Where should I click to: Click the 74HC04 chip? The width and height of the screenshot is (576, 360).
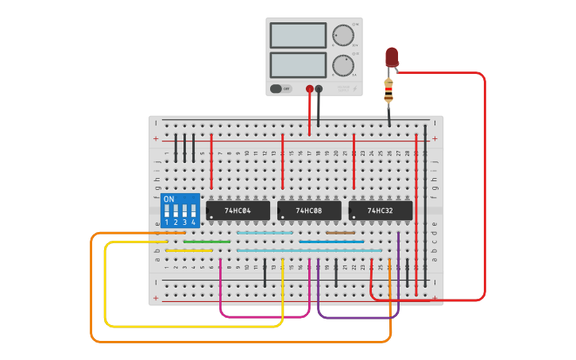237,211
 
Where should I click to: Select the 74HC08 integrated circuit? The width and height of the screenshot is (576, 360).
308,211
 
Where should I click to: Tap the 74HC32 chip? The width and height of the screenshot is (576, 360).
380,211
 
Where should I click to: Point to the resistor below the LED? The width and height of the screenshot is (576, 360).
389,91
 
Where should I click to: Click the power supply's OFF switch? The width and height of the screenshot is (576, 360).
280,89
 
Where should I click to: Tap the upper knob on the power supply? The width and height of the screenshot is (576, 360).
342,35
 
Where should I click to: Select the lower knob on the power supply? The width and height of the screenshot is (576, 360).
342,65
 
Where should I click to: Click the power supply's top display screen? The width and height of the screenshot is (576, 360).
298,35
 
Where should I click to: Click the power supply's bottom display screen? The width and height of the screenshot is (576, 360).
298,64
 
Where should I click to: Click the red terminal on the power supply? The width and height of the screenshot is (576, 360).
310,90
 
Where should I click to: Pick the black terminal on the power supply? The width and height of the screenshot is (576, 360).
319,90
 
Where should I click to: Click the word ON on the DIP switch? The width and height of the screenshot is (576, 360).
168,199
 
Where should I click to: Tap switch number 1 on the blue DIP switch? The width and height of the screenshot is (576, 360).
167,211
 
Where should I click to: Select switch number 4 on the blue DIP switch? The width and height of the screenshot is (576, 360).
193,211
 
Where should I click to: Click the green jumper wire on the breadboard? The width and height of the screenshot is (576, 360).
207,242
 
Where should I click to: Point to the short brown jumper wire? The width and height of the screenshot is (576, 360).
340,233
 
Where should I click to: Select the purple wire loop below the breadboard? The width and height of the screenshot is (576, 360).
358,318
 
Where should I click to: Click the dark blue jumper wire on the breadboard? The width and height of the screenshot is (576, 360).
331,242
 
